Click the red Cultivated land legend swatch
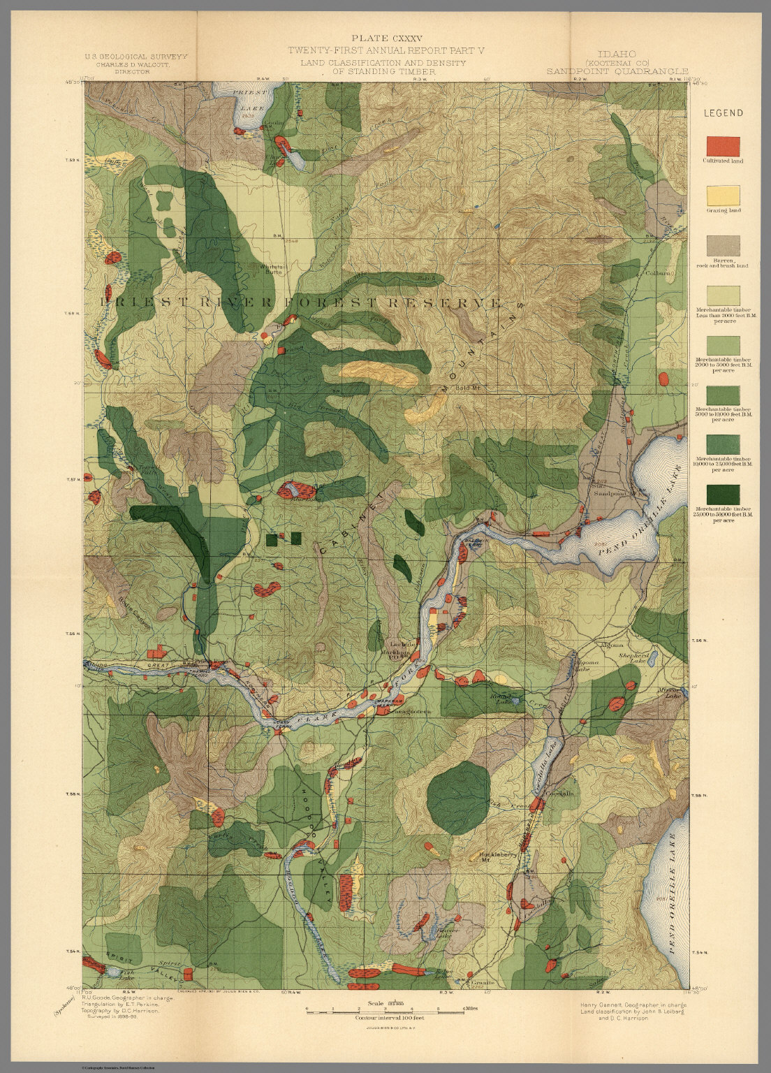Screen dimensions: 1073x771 pos(723,146)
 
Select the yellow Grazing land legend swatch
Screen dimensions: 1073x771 pos(723,196)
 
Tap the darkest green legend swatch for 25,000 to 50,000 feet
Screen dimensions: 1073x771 pos(723,495)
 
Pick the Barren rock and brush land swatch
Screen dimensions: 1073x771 pos(723,246)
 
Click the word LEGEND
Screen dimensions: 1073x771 pos(723,113)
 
